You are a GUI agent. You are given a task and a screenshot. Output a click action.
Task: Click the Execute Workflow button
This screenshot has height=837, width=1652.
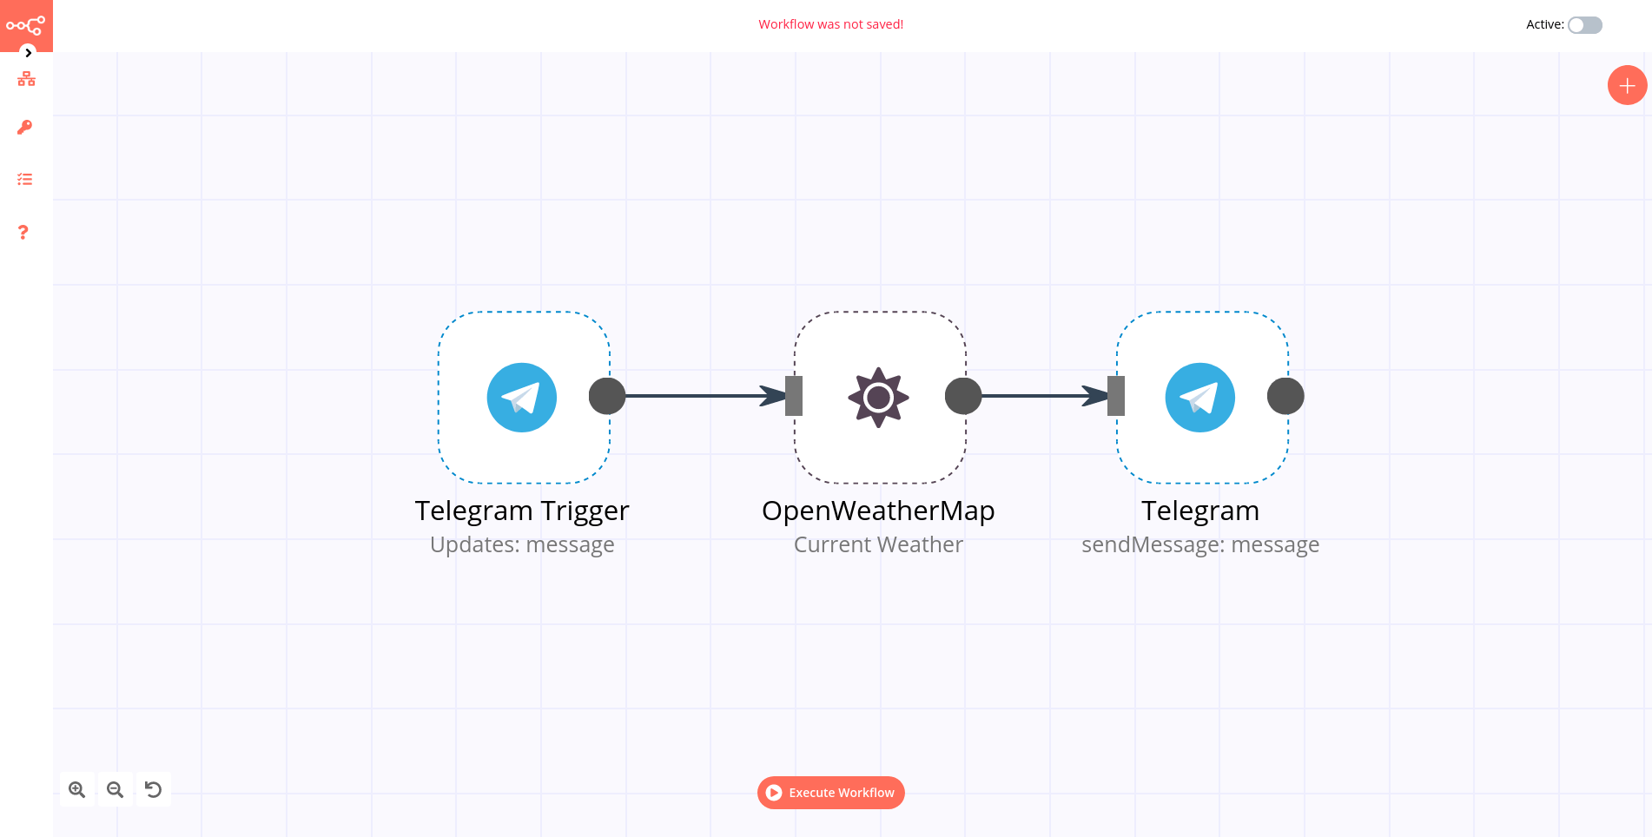click(830, 793)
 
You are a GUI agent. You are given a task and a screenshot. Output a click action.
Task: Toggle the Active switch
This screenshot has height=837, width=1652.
click(1584, 25)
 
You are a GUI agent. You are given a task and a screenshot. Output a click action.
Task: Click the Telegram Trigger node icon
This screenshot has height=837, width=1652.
click(521, 398)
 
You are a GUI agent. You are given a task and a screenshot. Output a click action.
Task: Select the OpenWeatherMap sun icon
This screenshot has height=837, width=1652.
click(878, 398)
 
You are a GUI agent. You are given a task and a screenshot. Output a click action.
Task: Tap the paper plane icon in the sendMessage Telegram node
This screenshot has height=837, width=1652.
click(1199, 398)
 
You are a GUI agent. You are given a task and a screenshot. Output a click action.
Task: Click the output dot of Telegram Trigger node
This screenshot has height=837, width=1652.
click(607, 396)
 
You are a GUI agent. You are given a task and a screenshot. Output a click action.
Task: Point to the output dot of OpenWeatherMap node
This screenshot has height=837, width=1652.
click(963, 396)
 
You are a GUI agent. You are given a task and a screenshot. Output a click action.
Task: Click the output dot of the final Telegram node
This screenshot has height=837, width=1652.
click(1285, 396)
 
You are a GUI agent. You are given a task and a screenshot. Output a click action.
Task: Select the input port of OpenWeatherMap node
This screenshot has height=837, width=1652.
click(794, 396)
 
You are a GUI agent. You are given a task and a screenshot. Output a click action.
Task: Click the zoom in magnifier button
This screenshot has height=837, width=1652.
click(77, 789)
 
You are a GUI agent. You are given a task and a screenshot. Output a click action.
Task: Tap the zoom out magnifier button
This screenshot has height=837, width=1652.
click(116, 789)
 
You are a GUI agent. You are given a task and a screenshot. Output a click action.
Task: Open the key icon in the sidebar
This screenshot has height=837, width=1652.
click(25, 128)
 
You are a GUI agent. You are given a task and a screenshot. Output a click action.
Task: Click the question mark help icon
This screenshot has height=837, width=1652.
click(23, 232)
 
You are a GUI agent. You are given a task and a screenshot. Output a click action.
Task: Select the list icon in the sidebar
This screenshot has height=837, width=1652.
click(25, 180)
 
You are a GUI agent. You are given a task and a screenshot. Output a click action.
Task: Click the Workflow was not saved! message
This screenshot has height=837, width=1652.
click(830, 24)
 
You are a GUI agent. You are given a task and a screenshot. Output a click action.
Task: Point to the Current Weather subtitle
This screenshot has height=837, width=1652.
click(878, 544)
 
